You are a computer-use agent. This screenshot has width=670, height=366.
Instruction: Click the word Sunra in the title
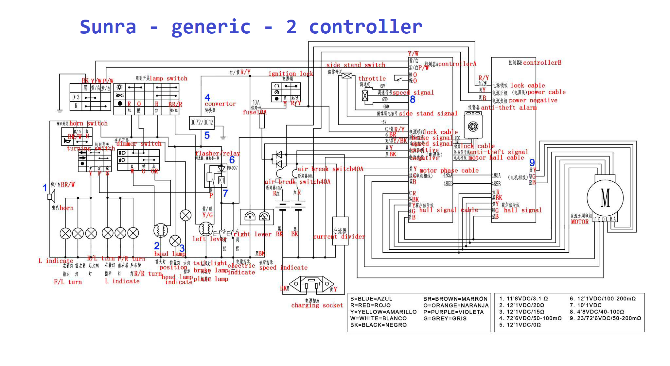click(x=108, y=27)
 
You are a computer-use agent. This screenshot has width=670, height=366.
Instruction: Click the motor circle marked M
click(x=605, y=198)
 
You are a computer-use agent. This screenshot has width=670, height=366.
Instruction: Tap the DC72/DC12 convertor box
click(x=202, y=123)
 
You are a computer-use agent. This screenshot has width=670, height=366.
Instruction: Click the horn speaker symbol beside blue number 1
click(x=51, y=196)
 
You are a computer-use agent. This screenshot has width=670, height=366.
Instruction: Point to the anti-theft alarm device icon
click(x=473, y=126)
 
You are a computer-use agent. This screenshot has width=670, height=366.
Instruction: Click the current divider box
click(x=340, y=231)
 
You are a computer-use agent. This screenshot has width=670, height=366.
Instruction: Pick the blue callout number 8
click(x=413, y=99)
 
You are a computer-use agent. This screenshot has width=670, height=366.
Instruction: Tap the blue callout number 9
click(x=532, y=162)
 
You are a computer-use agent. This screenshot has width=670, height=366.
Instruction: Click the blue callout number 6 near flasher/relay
click(x=232, y=160)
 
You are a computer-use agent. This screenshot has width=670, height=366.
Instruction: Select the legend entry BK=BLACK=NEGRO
click(x=378, y=325)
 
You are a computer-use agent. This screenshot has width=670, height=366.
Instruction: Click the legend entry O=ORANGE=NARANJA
click(x=456, y=305)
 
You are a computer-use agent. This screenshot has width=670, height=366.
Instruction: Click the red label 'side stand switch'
click(x=356, y=65)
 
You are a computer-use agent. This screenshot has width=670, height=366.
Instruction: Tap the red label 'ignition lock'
click(x=291, y=74)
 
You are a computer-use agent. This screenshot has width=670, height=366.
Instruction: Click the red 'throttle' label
click(x=372, y=78)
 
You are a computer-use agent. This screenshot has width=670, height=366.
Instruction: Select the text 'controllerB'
click(x=542, y=62)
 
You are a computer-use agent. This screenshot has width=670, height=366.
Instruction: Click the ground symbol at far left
click(x=60, y=111)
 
